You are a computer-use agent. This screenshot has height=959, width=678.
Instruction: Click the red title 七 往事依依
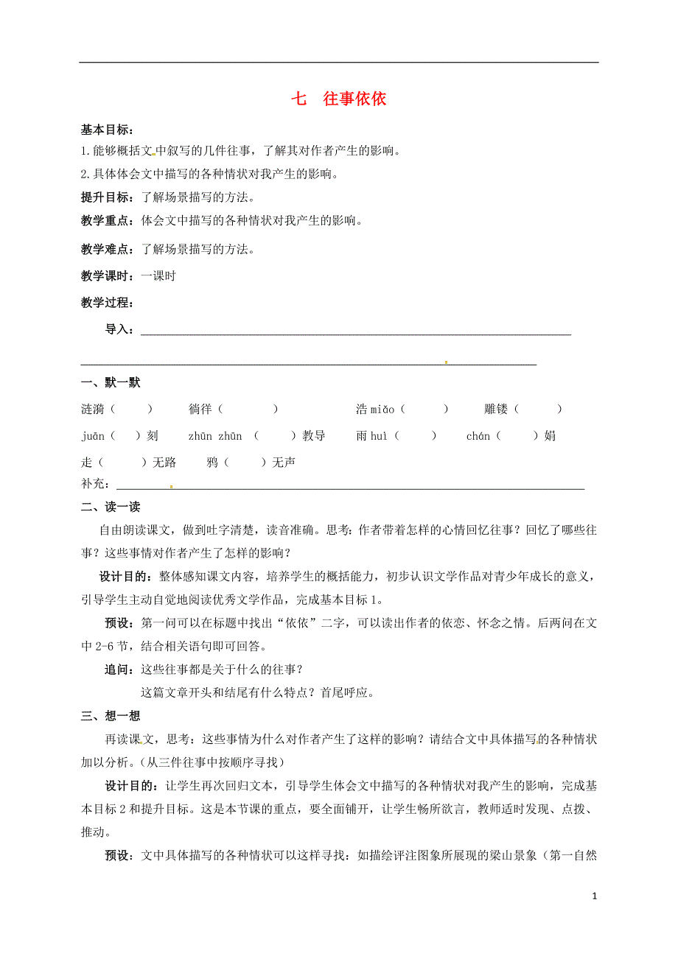[x=339, y=99]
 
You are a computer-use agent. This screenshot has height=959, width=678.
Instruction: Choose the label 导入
[x=118, y=329]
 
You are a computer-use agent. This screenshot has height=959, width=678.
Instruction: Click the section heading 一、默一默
[x=111, y=382]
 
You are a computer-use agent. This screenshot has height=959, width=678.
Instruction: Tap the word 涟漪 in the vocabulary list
[x=93, y=410]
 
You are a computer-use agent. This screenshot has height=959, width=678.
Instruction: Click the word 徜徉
[x=200, y=410]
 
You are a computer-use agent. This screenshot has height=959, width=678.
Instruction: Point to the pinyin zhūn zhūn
[x=215, y=436]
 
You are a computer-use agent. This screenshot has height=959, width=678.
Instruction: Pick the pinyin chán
[x=478, y=436]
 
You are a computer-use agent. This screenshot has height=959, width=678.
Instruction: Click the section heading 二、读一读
[x=111, y=507]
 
